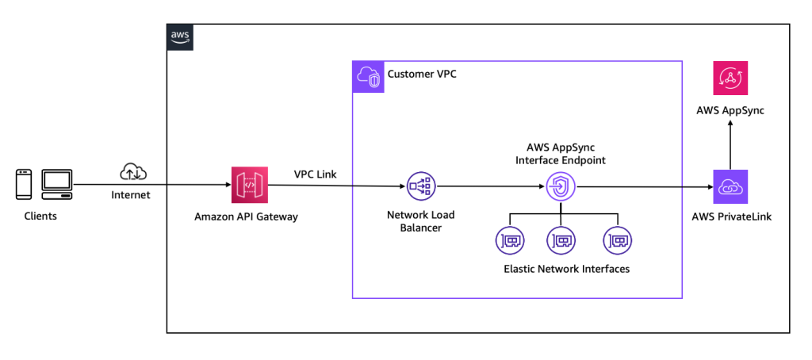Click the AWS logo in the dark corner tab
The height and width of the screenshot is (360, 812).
point(179,36)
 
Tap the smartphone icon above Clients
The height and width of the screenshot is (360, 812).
point(24,185)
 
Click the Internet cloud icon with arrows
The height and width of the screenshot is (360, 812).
point(131,171)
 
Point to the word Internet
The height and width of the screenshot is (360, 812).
point(131,193)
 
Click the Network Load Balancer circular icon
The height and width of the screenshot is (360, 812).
point(421,187)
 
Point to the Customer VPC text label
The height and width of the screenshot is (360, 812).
point(422,75)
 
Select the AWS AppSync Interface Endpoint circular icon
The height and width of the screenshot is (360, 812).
point(561,188)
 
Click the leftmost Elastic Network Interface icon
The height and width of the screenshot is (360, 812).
point(509,239)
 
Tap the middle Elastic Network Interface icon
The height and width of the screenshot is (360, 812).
point(561,239)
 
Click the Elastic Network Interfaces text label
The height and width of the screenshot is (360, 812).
point(566,269)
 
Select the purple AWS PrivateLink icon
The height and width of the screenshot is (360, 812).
point(730,187)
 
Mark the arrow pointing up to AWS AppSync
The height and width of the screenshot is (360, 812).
point(730,143)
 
